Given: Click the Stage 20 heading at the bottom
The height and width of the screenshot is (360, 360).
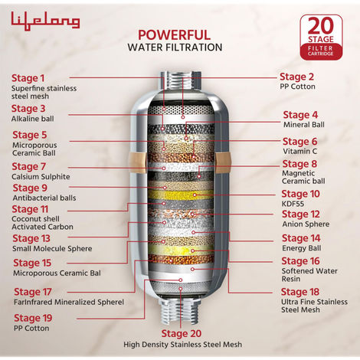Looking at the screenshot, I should click(x=181, y=333).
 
